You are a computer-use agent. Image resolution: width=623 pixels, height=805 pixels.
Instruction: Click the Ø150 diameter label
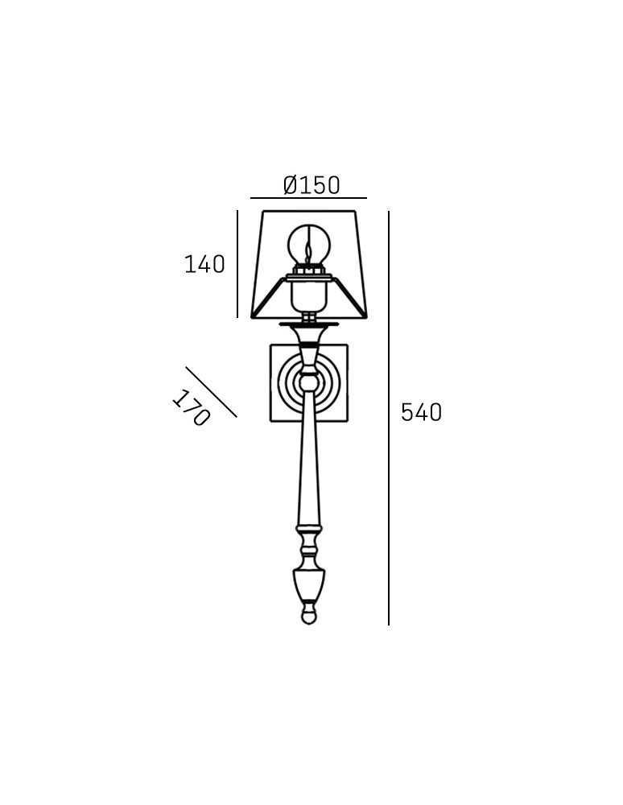click(311, 185)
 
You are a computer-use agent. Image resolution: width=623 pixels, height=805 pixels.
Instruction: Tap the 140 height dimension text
click(204, 264)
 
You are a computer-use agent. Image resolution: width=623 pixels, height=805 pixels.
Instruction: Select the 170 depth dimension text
click(191, 408)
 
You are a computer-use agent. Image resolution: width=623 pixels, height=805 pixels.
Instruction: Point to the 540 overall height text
click(421, 412)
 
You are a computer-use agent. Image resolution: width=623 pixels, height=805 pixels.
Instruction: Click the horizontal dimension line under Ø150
click(308, 198)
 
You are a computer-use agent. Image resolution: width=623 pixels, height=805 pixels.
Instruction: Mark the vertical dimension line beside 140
click(237, 264)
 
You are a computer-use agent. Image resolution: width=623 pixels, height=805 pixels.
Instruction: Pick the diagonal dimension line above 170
click(211, 392)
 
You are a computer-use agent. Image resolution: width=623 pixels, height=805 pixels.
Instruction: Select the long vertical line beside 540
click(389, 419)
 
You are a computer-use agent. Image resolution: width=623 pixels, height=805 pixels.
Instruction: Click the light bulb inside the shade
click(308, 242)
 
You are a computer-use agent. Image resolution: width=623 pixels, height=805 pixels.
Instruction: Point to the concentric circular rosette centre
click(308, 382)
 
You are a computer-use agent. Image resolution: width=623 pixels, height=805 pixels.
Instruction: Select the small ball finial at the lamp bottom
click(308, 617)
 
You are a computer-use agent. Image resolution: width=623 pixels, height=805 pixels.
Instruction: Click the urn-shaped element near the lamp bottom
click(308, 584)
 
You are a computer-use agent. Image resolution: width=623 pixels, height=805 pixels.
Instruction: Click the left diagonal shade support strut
click(270, 296)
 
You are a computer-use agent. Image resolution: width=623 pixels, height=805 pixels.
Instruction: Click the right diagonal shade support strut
click(347, 296)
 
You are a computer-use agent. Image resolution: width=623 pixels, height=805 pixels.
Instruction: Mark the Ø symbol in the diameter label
click(291, 185)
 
